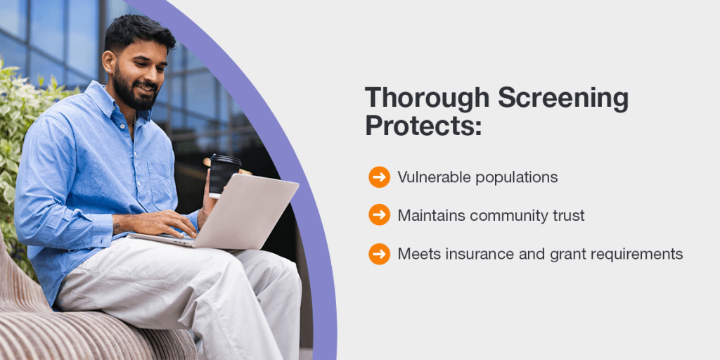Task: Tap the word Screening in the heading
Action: pos(563,99)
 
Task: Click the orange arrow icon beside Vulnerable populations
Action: pos(379,176)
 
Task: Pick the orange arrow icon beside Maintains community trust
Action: pos(379,214)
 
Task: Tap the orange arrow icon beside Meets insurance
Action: pos(379,254)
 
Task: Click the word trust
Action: pos(571,215)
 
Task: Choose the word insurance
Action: pos(470,254)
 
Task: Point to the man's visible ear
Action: pos(109,63)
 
